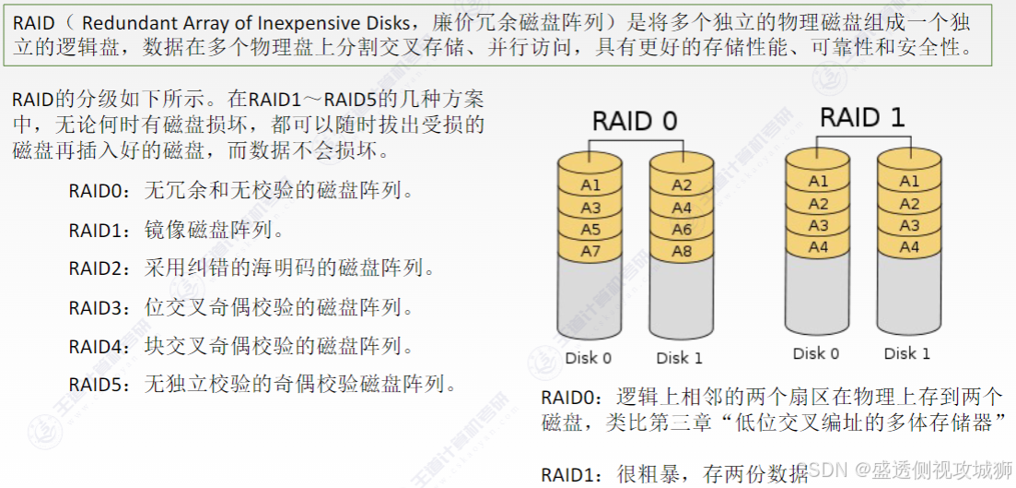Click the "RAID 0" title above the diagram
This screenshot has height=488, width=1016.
click(x=635, y=121)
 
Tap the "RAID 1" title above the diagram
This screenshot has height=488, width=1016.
click(x=862, y=117)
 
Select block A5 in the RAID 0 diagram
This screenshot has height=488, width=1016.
click(x=590, y=230)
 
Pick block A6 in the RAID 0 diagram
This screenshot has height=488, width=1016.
click(x=682, y=230)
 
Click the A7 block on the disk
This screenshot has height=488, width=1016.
click(x=590, y=251)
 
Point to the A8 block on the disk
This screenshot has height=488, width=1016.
click(x=682, y=251)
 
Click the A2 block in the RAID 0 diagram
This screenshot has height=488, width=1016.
click(x=682, y=185)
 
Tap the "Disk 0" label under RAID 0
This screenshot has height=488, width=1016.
click(x=589, y=358)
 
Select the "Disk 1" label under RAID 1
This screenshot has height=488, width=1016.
click(x=907, y=353)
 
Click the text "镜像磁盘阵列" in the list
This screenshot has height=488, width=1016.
click(x=215, y=230)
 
